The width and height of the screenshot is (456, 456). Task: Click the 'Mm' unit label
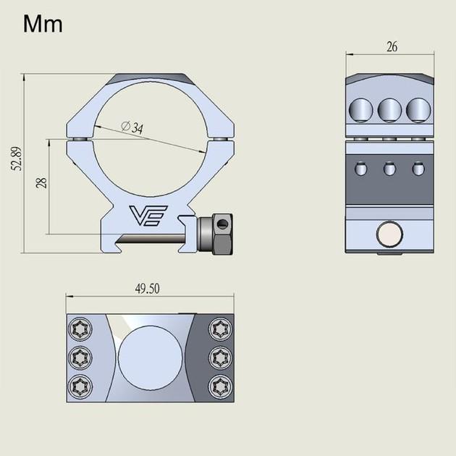[43, 24]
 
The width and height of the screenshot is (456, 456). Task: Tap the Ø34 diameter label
[132, 127]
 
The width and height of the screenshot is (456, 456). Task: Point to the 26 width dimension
[392, 48]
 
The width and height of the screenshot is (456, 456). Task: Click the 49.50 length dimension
[147, 287]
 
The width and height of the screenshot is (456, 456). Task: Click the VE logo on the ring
[148, 216]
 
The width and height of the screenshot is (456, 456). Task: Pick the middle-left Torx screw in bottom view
[79, 357]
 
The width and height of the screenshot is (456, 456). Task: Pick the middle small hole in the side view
[388, 169]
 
